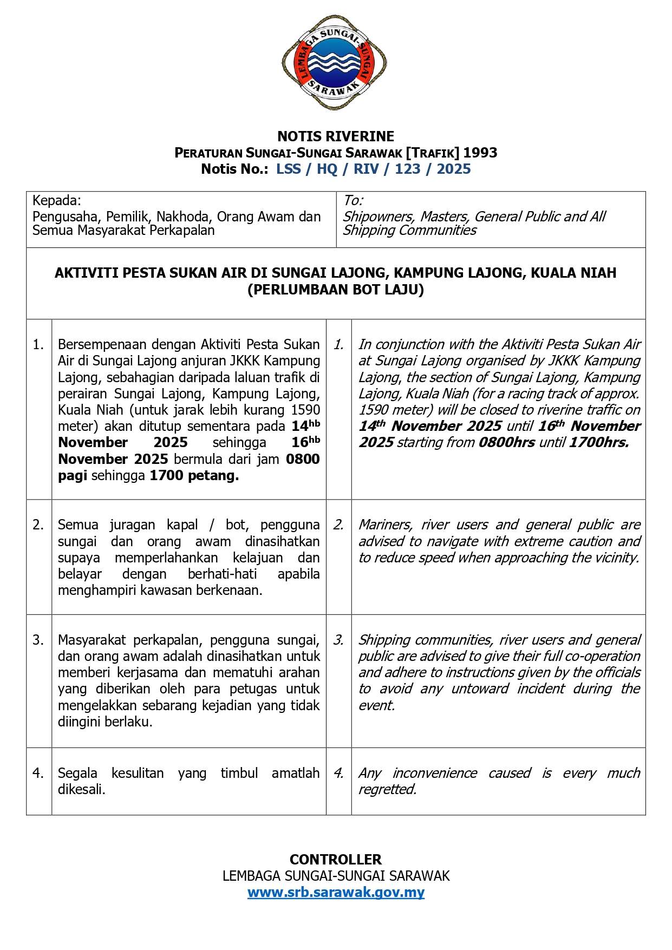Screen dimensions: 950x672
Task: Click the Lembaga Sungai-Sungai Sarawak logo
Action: (334, 63)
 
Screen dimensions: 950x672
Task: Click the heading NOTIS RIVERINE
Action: (336, 136)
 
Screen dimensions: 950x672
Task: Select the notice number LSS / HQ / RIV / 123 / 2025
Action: (373, 169)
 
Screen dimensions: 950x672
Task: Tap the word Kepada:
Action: (56, 201)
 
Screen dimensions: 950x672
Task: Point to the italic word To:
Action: (353, 201)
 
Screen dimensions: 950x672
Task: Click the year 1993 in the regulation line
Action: (480, 153)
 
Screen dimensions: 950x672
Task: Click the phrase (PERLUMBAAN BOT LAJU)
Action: (336, 290)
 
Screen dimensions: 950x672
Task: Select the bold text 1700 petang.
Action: (194, 476)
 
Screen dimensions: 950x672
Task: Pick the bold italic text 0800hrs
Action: (507, 442)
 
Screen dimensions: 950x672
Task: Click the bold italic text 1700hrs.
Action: (599, 442)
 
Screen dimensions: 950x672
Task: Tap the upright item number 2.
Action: (38, 525)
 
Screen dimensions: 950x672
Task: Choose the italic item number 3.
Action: (338, 640)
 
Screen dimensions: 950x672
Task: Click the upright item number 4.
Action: (38, 773)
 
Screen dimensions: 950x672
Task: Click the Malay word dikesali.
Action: (81, 789)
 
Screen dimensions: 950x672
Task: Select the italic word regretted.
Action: (387, 789)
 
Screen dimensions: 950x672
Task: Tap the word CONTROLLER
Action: (336, 860)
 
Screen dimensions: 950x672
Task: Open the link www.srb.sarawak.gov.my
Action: (336, 892)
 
